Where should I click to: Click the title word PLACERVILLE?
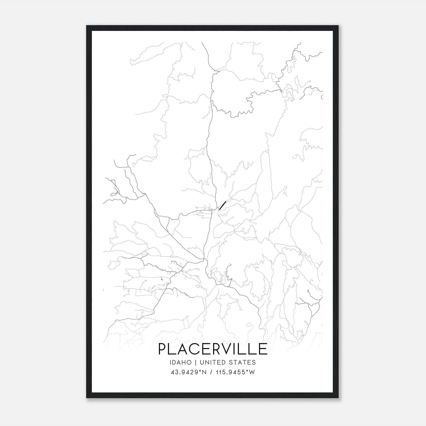[213, 349]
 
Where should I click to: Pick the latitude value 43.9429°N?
[189, 372]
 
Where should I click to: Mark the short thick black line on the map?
[222, 205]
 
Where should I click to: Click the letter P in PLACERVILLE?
[163, 349]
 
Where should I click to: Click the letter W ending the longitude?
[252, 372]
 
